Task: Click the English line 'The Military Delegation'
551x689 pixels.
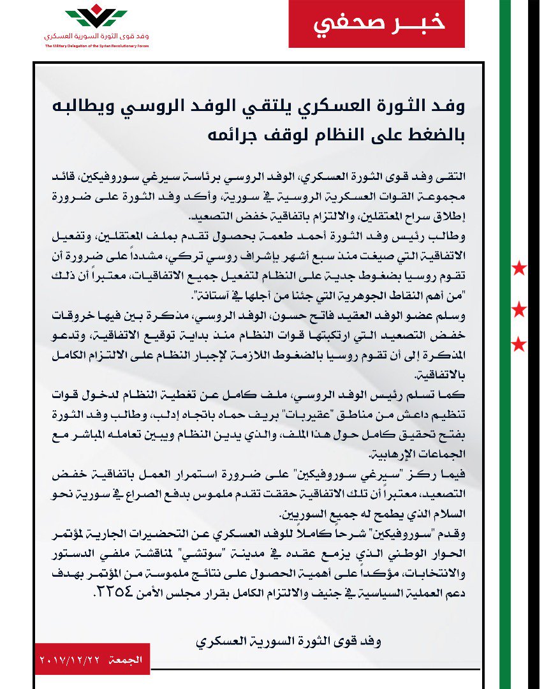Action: pos(96,46)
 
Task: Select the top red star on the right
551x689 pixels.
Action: pos(520,269)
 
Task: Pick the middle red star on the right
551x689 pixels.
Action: pos(520,311)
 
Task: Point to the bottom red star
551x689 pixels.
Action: pos(520,345)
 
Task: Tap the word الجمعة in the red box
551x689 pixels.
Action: pos(125,658)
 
